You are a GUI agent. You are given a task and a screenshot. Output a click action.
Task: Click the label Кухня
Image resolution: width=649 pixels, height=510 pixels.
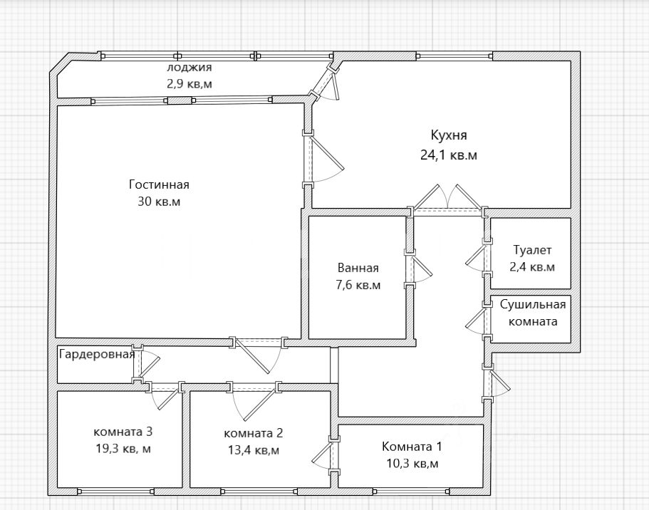(449, 135)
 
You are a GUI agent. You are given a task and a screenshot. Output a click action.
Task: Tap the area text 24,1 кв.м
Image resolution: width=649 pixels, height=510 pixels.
(449, 155)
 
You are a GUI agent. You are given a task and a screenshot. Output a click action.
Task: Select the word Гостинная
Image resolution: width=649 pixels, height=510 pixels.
(159, 184)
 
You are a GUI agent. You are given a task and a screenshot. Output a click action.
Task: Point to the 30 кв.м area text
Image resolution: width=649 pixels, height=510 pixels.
(159, 202)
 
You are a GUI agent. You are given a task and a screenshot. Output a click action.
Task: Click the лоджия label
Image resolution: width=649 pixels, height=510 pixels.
(189, 67)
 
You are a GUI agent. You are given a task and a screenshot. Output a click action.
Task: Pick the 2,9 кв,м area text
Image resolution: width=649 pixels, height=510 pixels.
(189, 84)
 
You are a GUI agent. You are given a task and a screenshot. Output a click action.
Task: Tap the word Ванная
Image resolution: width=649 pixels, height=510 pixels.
(358, 268)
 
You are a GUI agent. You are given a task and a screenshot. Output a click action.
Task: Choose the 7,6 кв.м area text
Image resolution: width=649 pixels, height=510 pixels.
(358, 285)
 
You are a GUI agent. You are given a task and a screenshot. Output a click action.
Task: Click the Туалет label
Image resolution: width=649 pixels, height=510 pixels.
(532, 250)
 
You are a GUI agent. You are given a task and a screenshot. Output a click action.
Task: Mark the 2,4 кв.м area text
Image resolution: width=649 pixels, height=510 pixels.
(532, 267)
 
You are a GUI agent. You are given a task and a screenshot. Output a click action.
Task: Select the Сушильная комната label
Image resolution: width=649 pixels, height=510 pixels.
(533, 313)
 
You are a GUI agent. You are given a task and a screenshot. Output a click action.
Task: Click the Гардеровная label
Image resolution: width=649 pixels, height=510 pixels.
(98, 354)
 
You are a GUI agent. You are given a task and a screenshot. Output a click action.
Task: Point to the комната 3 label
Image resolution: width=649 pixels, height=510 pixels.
(123, 432)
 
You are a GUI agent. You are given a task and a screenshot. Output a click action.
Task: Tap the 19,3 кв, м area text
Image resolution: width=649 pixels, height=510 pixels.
(123, 449)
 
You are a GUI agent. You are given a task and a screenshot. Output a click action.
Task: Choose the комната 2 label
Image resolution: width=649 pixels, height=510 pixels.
(254, 433)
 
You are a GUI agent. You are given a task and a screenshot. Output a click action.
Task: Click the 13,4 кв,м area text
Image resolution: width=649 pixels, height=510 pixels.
(254, 450)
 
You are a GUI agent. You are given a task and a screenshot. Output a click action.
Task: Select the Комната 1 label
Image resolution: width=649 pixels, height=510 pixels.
(412, 447)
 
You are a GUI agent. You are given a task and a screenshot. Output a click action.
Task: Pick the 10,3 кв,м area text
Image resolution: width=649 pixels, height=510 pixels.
(412, 464)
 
